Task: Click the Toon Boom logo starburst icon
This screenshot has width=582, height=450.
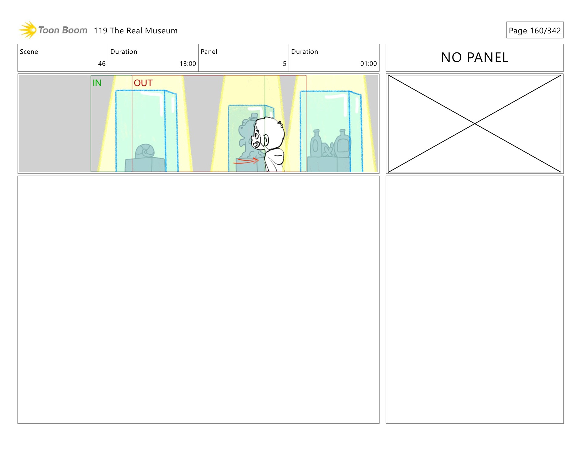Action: coord(28,30)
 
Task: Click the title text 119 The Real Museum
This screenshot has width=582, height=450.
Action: coord(135,31)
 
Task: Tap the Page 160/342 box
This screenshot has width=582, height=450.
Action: coord(535,30)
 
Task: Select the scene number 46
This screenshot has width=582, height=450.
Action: coord(102,64)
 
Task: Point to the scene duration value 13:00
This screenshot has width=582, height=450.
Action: coord(188,64)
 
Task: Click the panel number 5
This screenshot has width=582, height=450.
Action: coord(285,64)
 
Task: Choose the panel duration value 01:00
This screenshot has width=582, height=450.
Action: coord(369,64)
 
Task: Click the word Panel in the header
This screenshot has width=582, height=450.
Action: coord(209,52)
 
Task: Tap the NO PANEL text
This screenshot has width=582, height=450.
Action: coord(475,57)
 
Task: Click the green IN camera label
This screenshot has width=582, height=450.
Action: coord(97,83)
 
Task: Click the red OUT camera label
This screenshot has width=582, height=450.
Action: coord(143,83)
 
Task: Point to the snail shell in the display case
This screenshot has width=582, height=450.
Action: coord(145,151)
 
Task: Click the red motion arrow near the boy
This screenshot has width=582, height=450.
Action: coord(246,161)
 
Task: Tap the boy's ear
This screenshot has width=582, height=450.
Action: coord(266,140)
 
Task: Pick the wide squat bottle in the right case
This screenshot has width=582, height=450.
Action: coord(342,143)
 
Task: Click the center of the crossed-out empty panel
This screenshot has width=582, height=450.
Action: coord(475,124)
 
